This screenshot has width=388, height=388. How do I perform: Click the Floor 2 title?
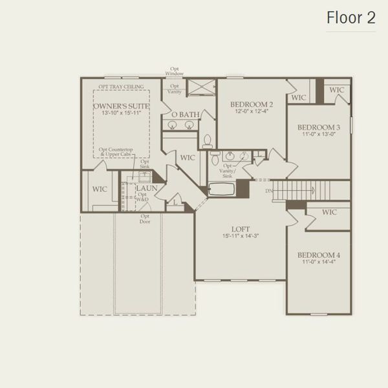click(x=350, y=18)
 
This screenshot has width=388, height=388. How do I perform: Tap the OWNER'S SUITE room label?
click(x=122, y=105)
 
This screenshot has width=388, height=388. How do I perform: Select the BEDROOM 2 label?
click(x=252, y=104)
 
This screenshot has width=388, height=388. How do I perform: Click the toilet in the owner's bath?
click(x=208, y=140)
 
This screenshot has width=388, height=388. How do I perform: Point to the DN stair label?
click(x=268, y=190)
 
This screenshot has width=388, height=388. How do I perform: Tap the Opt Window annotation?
click(x=175, y=71)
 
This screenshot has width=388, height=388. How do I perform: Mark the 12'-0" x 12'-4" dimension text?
click(x=252, y=112)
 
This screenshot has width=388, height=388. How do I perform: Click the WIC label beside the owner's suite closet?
click(x=100, y=189)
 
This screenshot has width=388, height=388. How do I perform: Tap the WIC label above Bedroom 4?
click(x=329, y=212)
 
